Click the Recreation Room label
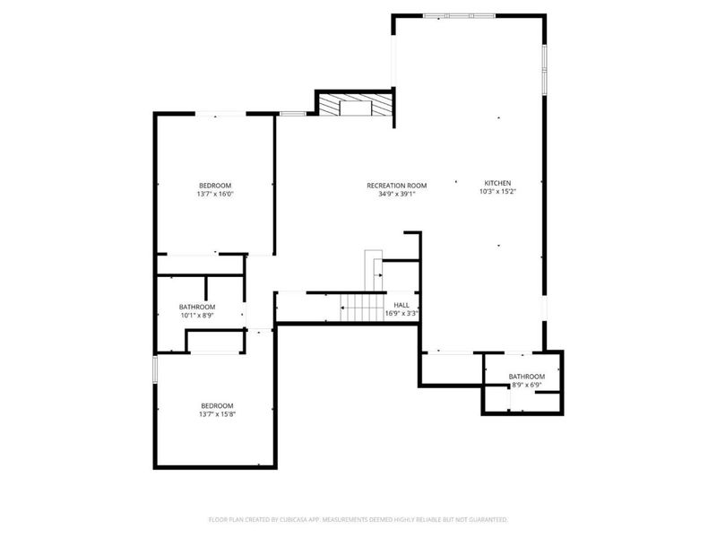pyautogui.click(x=396, y=186)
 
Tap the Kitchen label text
pyautogui.click(x=497, y=181)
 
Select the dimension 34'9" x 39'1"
pyautogui.click(x=396, y=194)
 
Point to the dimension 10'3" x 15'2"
pyautogui.click(x=497, y=190)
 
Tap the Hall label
pyautogui.click(x=402, y=305)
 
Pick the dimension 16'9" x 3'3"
pyautogui.click(x=402, y=313)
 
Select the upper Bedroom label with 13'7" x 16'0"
pyautogui.click(x=215, y=186)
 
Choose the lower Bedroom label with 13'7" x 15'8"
pyautogui.click(x=216, y=405)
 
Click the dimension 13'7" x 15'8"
pyautogui.click(x=216, y=414)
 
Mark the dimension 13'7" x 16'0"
pyautogui.click(x=215, y=194)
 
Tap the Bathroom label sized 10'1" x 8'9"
pyautogui.click(x=197, y=307)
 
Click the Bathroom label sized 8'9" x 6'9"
pyautogui.click(x=526, y=377)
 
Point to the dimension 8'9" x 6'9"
pyautogui.click(x=526, y=385)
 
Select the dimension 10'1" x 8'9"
pyautogui.click(x=197, y=315)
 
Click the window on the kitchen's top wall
pyautogui.click(x=454, y=15)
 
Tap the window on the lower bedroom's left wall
pyautogui.click(x=155, y=369)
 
